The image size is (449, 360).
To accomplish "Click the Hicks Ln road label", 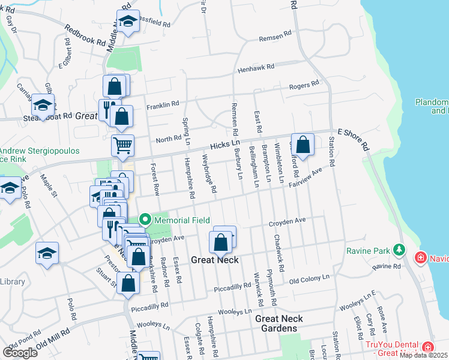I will [x=225, y=144].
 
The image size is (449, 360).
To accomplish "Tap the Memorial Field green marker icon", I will [x=144, y=220].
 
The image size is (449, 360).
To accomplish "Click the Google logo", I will [x=20, y=353].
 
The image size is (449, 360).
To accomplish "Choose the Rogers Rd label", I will [x=304, y=86].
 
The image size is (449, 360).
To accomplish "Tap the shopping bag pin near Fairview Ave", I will [x=304, y=145].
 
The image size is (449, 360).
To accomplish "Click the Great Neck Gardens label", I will [x=279, y=323].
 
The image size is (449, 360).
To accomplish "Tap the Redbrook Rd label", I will [x=85, y=36].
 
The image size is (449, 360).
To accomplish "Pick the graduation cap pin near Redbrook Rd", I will [x=127, y=22].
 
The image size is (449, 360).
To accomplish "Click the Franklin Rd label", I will [x=163, y=104].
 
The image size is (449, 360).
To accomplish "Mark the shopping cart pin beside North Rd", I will [x=122, y=144].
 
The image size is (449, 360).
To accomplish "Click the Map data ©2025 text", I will [x=423, y=355].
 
